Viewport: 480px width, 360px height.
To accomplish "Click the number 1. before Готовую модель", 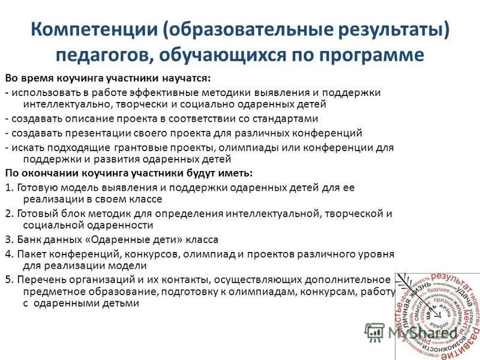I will (x=8, y=187).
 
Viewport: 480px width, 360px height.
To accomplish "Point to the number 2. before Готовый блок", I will (x=8, y=213).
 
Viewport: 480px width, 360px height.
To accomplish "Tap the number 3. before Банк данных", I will (x=8, y=239).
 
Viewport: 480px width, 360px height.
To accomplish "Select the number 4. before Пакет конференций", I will (x=8, y=253).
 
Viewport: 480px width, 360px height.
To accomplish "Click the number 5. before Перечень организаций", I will (x=8, y=279).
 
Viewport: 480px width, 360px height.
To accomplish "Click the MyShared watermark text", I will (x=422, y=332).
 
